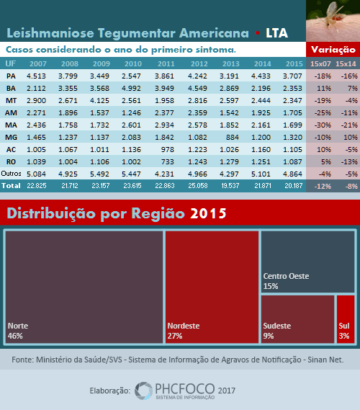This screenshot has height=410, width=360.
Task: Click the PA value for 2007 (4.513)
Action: (x=36, y=76)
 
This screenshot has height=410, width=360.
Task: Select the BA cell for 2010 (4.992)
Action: (x=131, y=89)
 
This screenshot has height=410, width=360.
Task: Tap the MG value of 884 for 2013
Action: (x=233, y=138)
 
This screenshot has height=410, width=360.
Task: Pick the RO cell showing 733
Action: (x=168, y=162)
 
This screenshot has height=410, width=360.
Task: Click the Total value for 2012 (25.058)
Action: (x=198, y=186)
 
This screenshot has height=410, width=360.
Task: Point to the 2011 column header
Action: (x=166, y=64)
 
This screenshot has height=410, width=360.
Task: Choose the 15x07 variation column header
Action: (x=320, y=64)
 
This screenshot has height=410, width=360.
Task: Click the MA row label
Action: (x=11, y=125)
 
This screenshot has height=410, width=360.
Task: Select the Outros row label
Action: (x=11, y=174)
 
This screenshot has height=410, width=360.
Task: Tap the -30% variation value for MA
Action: (x=323, y=125)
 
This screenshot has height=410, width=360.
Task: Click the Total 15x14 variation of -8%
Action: (x=351, y=186)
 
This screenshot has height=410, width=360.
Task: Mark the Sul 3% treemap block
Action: (x=346, y=319)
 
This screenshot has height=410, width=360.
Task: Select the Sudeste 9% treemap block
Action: (x=297, y=319)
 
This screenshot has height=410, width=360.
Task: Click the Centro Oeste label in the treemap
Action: (x=286, y=276)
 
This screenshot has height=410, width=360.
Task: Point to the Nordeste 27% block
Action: (x=212, y=287)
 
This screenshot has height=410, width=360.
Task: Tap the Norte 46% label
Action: (x=18, y=331)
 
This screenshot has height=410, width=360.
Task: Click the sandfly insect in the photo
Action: (x=333, y=14)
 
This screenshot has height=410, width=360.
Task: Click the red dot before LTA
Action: (x=257, y=33)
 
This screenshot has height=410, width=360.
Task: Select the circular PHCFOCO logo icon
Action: (x=143, y=391)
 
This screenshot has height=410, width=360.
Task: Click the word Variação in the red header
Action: (x=333, y=50)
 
